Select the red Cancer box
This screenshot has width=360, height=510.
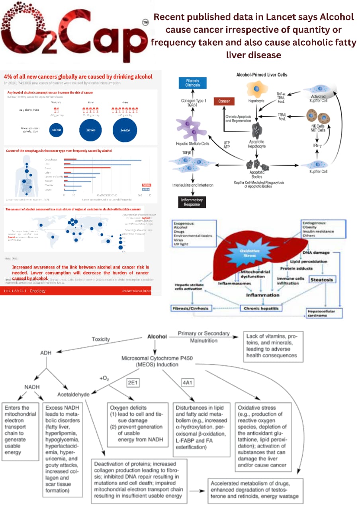click(224, 101)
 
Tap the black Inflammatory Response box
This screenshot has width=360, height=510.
click(192, 202)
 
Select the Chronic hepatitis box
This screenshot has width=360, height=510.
click(260, 308)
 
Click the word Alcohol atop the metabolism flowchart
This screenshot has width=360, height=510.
click(157, 337)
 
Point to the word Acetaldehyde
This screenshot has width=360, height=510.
click(74, 394)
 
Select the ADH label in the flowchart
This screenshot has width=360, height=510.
click(46, 353)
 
